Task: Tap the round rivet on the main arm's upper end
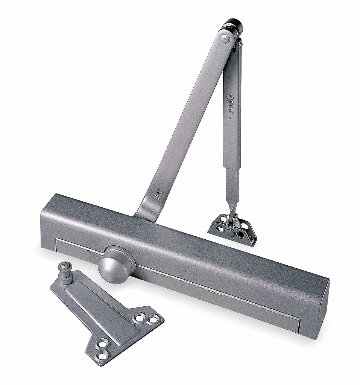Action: coord(225,37)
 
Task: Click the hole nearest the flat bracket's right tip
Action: coord(153,320)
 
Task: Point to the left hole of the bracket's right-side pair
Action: coord(140,318)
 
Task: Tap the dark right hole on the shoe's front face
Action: coord(240,234)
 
